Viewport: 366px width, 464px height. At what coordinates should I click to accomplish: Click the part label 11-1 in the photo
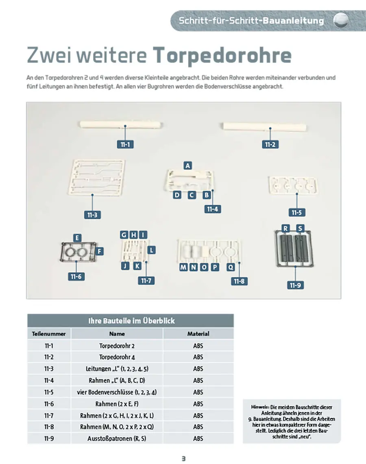click(125, 144)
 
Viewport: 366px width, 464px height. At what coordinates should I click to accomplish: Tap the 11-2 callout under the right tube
click(270, 144)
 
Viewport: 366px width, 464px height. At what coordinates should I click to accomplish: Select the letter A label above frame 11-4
click(187, 166)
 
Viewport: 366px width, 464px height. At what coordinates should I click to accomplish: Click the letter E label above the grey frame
click(77, 238)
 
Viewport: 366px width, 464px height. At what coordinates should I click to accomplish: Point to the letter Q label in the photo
click(231, 267)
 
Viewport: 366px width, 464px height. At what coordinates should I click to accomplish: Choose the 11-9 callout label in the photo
click(295, 285)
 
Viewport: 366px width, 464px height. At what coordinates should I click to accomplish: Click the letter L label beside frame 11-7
click(151, 250)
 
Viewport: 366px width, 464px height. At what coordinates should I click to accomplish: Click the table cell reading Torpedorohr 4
click(117, 357)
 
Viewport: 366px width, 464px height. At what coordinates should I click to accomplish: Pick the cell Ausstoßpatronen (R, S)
click(117, 439)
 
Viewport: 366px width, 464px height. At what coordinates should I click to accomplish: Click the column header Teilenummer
click(49, 334)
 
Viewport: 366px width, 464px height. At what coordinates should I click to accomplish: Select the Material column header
click(198, 334)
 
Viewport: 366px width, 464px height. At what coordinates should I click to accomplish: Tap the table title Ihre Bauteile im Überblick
click(131, 321)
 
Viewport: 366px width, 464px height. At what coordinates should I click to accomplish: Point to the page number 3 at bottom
click(183, 458)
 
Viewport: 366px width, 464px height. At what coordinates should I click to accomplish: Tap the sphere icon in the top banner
click(341, 20)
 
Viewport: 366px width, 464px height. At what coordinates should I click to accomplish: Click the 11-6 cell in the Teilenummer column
click(49, 404)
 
